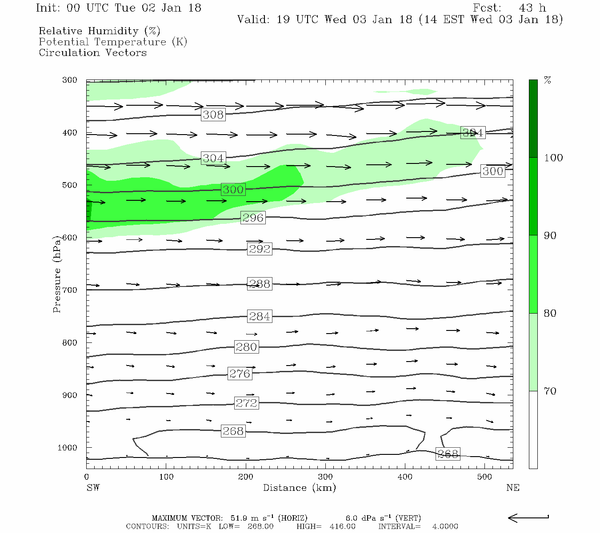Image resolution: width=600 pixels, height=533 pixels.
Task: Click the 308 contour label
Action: (x=213, y=115)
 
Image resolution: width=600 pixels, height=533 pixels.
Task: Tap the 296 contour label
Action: (x=253, y=218)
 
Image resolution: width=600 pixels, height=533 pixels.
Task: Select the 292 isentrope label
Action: (x=260, y=249)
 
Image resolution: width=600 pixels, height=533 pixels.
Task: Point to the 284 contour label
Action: (x=260, y=317)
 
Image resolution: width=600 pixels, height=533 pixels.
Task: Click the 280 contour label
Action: (x=246, y=347)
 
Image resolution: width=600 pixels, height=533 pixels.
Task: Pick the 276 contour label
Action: (x=240, y=374)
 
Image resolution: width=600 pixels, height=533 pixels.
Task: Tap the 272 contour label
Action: (x=246, y=403)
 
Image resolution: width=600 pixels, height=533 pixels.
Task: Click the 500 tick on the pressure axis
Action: (x=70, y=185)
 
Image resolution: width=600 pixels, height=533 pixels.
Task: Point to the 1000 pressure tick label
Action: (x=68, y=448)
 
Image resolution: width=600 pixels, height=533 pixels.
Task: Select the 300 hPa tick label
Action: (x=70, y=80)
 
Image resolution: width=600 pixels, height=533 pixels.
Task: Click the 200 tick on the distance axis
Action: (x=246, y=477)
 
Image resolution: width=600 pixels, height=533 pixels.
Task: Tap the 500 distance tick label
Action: (x=484, y=477)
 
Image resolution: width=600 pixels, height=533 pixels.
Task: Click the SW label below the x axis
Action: (x=93, y=488)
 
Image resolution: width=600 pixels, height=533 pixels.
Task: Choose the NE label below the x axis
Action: (x=512, y=488)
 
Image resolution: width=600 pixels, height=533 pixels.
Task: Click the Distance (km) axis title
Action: (x=299, y=488)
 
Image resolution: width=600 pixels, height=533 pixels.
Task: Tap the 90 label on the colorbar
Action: (x=550, y=236)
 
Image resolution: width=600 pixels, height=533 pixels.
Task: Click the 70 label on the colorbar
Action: (x=550, y=391)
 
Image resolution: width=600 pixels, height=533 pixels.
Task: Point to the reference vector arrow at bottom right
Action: (x=528, y=518)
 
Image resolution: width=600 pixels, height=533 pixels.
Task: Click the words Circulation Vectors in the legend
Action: (x=92, y=53)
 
